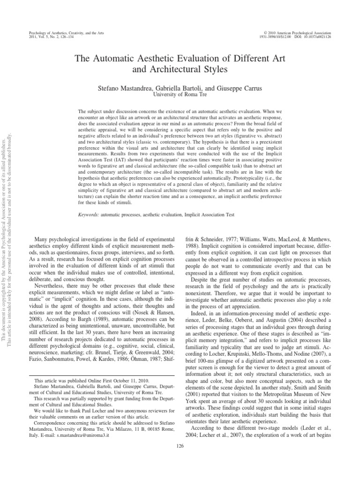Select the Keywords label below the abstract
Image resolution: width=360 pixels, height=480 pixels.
point(90,215)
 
